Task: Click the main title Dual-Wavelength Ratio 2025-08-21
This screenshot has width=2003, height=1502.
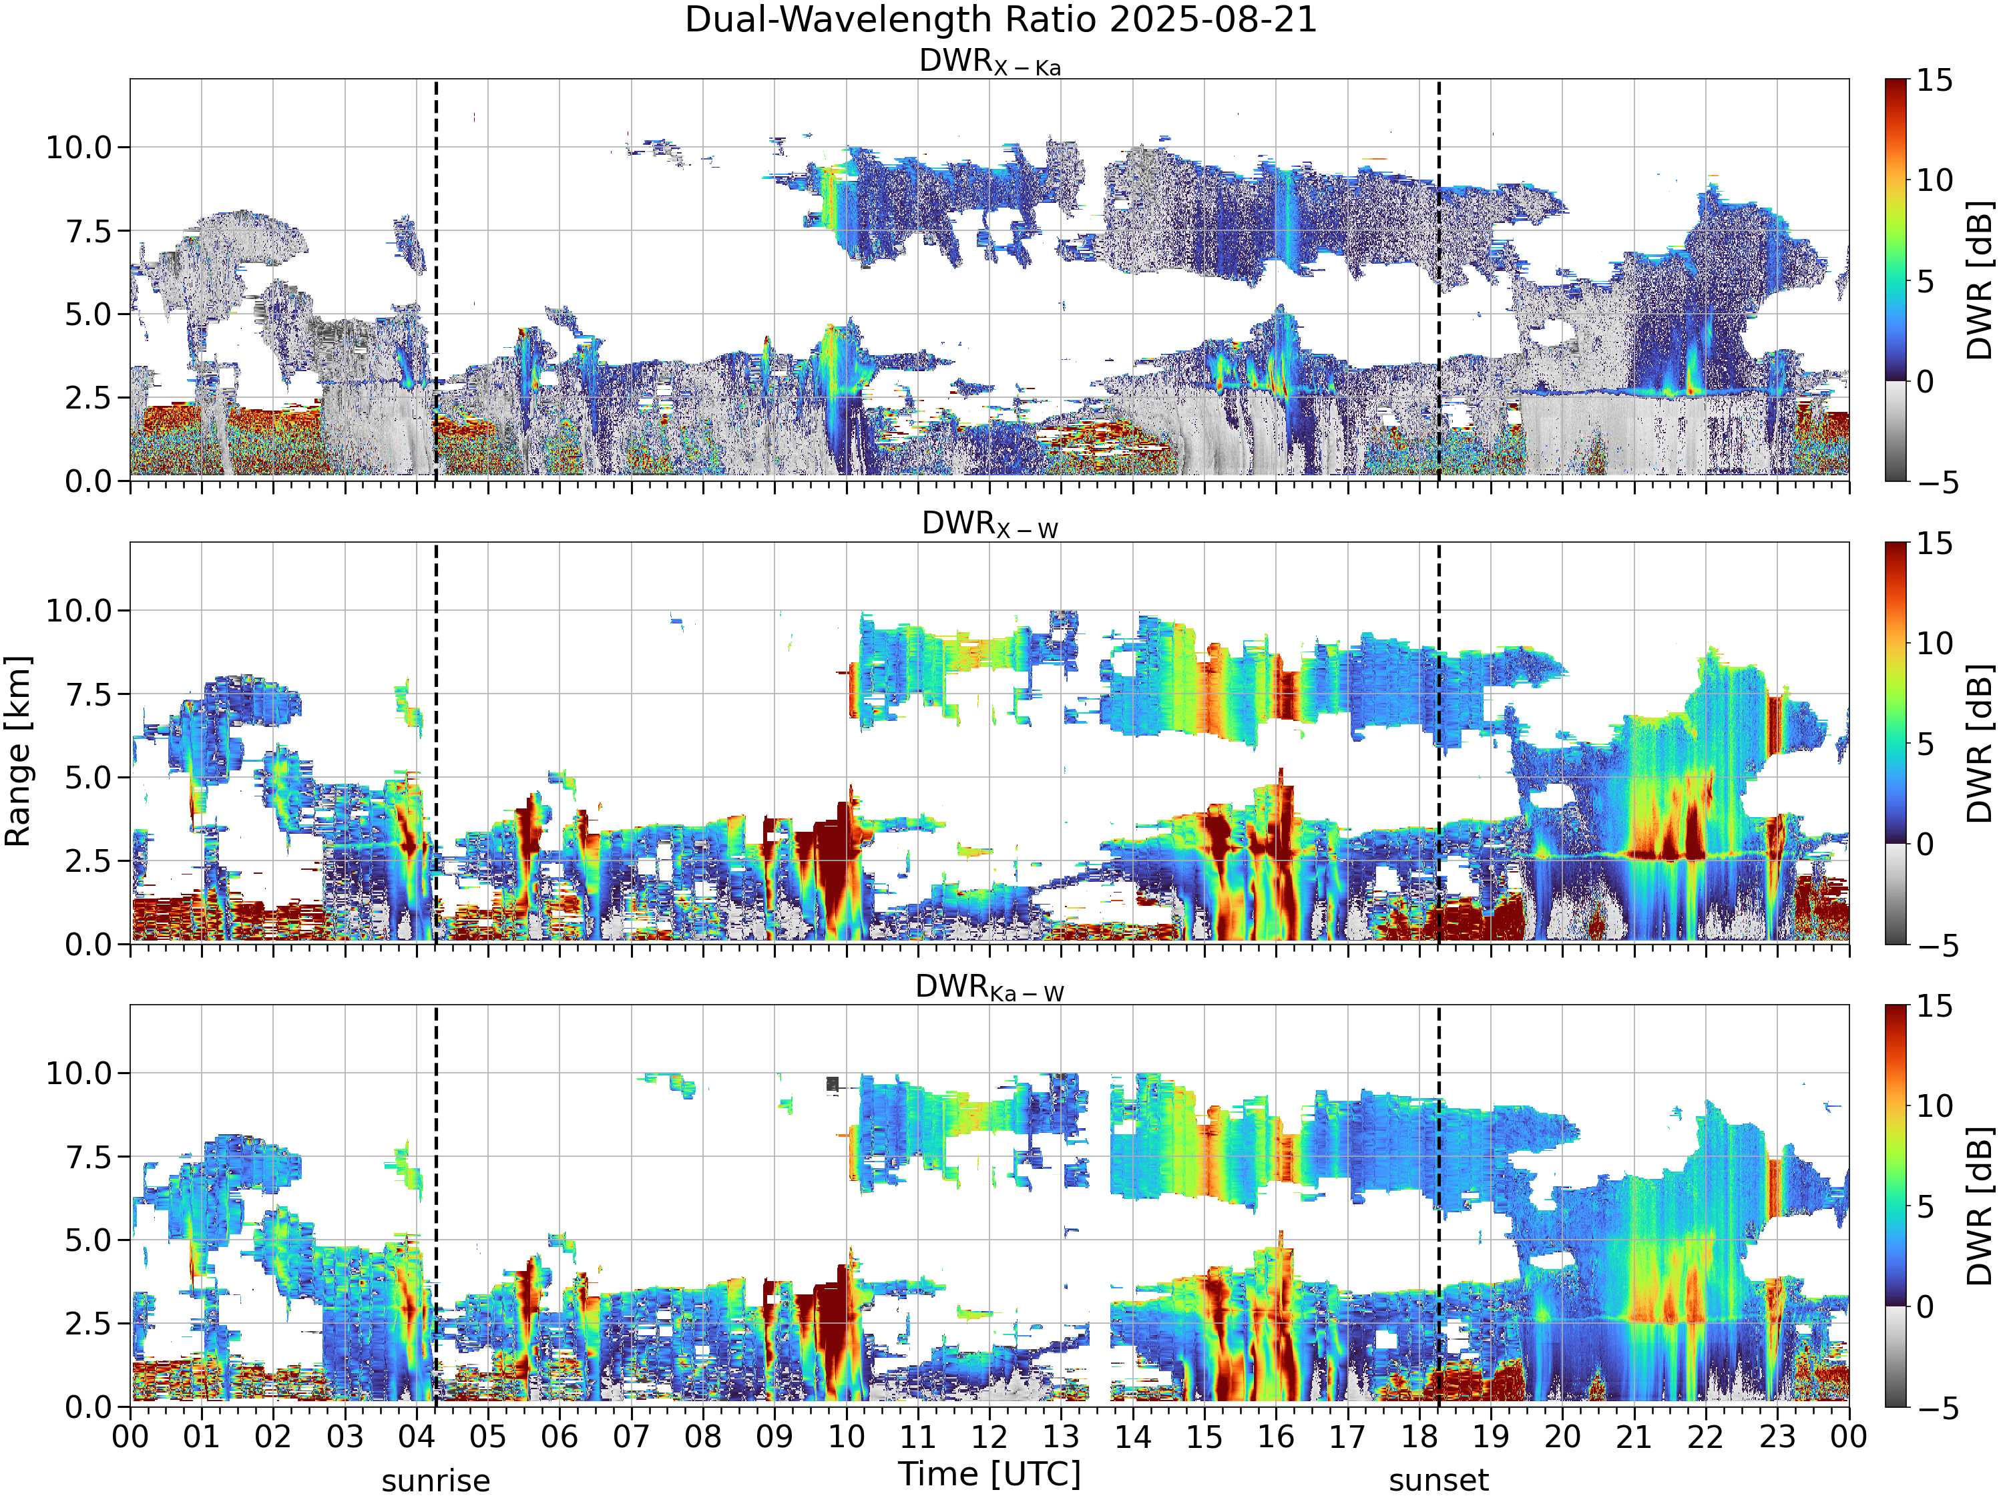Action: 1001,20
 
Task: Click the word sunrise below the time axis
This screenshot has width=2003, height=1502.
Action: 435,1481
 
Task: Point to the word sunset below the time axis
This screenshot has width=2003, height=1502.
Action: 1439,1481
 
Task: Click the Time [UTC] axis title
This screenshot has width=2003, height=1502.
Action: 989,1474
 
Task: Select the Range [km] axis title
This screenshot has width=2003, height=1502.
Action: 18,752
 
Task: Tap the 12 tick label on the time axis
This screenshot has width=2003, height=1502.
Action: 989,1437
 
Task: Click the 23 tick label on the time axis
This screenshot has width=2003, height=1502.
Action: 1777,1437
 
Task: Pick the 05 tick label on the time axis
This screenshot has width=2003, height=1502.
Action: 488,1437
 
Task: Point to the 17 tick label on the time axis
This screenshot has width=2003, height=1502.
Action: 1347,1437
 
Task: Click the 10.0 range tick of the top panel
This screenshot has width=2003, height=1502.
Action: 79,148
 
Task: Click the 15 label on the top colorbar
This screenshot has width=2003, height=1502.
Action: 1934,81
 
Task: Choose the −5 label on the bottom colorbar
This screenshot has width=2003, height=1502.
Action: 1938,1409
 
